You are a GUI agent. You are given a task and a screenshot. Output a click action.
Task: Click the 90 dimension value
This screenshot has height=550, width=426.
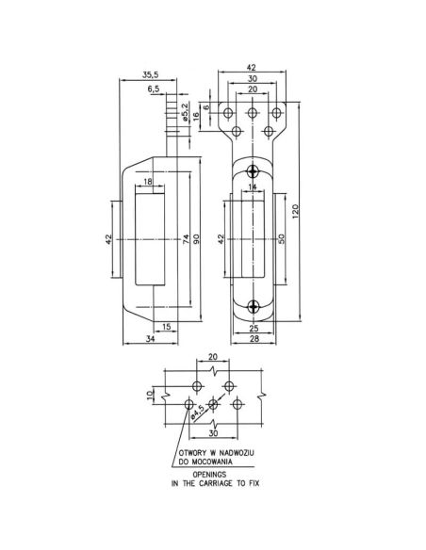tap(197, 240)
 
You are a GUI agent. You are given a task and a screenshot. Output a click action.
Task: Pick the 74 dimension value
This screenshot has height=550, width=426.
tap(186, 240)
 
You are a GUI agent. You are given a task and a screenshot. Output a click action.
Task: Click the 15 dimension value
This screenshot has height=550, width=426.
tap(166, 326)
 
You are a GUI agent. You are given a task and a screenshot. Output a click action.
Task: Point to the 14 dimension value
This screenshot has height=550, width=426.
tap(253, 188)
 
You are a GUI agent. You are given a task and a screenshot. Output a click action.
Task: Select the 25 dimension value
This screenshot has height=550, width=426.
tap(254, 327)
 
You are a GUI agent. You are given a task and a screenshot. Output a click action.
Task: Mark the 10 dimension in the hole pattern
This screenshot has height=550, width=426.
tap(150, 396)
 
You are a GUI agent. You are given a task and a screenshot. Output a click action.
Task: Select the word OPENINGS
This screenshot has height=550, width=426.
tap(212, 475)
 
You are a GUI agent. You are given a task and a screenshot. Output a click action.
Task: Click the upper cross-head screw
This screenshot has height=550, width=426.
tap(252, 170)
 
